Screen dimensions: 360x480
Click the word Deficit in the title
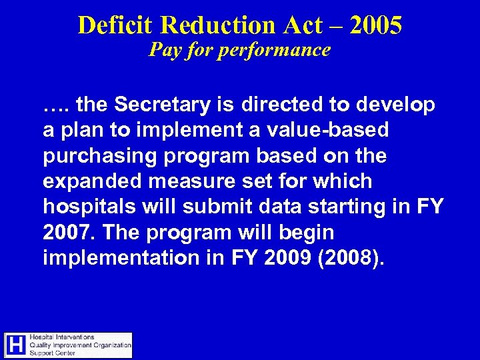[x=116, y=25]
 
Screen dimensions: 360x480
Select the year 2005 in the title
[x=375, y=25]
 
